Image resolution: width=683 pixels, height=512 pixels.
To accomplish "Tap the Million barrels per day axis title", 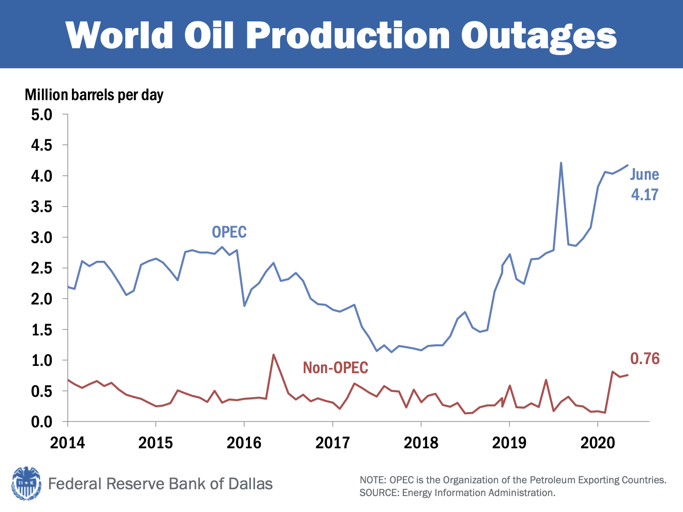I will (x=94, y=95).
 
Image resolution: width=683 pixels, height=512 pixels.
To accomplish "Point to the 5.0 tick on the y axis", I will (x=42, y=114).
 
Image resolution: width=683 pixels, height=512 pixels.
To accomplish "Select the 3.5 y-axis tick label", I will (x=42, y=207).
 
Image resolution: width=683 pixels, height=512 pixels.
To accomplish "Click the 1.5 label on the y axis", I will (x=42, y=330).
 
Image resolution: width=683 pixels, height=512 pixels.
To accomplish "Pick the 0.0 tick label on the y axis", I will (x=42, y=422).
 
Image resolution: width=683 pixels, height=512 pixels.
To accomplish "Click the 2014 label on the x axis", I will (x=67, y=442).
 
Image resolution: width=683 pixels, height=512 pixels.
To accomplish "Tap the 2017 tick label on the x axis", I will (x=332, y=442).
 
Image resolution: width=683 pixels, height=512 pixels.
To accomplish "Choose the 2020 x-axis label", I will (x=597, y=442).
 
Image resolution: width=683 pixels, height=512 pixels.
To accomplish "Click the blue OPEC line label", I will (x=229, y=232).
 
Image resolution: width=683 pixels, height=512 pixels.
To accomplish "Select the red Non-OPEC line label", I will (x=336, y=368).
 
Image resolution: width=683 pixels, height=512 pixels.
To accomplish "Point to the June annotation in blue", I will (x=644, y=174).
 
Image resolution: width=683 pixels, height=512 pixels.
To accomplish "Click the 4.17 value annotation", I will (x=644, y=195).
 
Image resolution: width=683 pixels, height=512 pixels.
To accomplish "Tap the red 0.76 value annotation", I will (x=645, y=359).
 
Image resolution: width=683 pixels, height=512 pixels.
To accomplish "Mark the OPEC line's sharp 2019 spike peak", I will (x=561, y=163).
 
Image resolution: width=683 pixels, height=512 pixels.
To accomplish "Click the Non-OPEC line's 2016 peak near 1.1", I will (x=273, y=355).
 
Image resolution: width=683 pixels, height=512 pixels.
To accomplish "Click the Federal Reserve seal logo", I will (x=26, y=483).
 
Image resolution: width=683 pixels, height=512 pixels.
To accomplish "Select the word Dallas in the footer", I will (x=250, y=483).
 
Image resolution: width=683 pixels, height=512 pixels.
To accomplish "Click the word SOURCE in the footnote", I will (x=372, y=493).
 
